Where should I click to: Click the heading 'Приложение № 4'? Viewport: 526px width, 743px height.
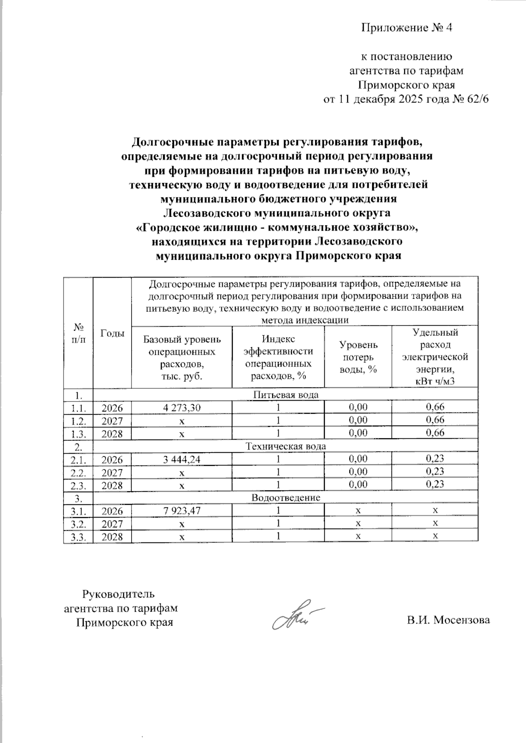pos(406,28)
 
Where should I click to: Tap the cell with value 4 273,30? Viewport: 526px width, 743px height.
pos(181,408)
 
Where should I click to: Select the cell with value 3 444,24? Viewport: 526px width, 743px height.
pos(181,459)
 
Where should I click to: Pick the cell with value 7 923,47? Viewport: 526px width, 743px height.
pos(181,511)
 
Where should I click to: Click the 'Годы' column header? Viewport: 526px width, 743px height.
pos(112,333)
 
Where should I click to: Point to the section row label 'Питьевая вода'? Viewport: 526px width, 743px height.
pos(286,395)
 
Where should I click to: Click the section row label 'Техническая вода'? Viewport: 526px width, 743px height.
pos(286,447)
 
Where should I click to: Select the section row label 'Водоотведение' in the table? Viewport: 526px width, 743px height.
pos(286,498)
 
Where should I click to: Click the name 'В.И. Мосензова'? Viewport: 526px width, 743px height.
pos(448,620)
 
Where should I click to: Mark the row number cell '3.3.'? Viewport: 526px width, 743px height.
pos(78,537)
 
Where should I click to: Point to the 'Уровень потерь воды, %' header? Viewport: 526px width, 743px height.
pos(358,357)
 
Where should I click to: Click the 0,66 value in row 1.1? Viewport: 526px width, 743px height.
pos(435,407)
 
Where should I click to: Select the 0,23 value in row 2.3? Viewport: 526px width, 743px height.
pos(435,484)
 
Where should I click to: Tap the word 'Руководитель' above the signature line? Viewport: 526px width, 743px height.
pos(119,594)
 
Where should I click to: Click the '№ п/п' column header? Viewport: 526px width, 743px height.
pos(78,333)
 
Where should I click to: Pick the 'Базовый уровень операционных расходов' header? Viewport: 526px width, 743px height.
pos(182,357)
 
